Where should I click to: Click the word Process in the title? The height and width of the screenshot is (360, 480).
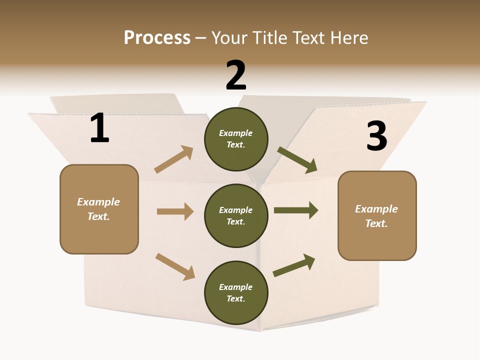[157, 37]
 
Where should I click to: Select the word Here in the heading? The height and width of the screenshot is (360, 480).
[349, 37]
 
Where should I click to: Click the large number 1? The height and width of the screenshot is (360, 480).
[100, 127]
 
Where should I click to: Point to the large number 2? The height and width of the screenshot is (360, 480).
[236, 75]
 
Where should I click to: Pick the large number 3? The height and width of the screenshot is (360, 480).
[377, 135]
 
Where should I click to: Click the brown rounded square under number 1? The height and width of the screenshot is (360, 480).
[99, 209]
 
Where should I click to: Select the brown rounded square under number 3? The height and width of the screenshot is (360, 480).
[377, 216]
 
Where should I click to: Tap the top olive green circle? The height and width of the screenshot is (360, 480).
[236, 139]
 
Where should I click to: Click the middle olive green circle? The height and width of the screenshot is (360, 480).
[236, 216]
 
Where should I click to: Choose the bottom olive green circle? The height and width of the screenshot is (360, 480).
[236, 292]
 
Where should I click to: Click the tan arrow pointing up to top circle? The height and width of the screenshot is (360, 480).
[174, 159]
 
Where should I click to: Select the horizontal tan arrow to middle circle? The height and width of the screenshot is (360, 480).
[175, 211]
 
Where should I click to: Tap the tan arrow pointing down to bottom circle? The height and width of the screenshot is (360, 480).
[175, 267]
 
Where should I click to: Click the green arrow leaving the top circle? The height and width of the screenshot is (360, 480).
[297, 160]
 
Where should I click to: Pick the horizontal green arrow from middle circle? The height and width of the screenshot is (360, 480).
[296, 210]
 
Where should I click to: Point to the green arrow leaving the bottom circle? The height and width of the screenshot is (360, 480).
[294, 265]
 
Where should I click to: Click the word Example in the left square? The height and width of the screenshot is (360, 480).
[98, 202]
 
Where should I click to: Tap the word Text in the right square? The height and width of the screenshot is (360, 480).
[376, 223]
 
